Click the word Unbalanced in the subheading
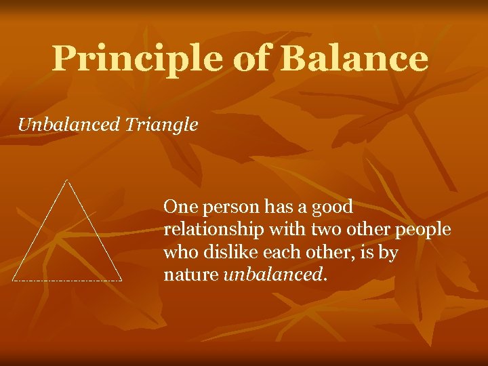[67, 125]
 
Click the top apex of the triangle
[66, 180]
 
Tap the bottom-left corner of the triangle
[13, 279]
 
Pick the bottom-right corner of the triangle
[121, 279]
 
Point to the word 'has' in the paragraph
[274, 206]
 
